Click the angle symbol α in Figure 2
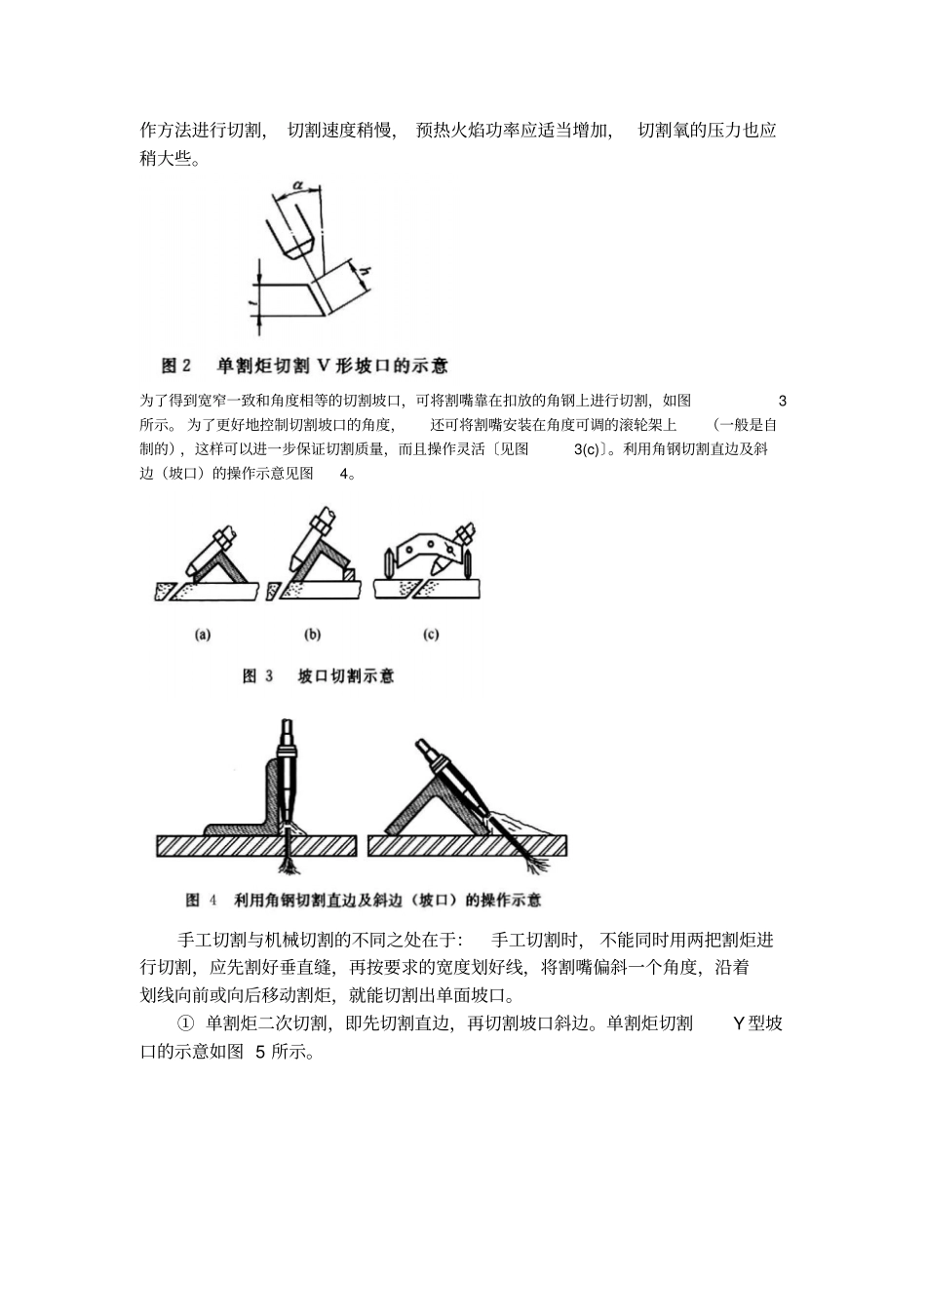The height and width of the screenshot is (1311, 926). tap(297, 184)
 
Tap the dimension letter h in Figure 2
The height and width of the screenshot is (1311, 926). tap(366, 272)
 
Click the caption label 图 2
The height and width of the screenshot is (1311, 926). tap(176, 366)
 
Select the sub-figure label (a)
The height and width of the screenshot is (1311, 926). tap(203, 635)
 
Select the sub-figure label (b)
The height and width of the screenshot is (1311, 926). tap(312, 635)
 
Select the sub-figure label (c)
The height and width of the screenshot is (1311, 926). tap(431, 635)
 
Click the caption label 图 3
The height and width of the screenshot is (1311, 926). tap(257, 676)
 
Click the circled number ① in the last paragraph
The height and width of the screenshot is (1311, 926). tap(185, 1023)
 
